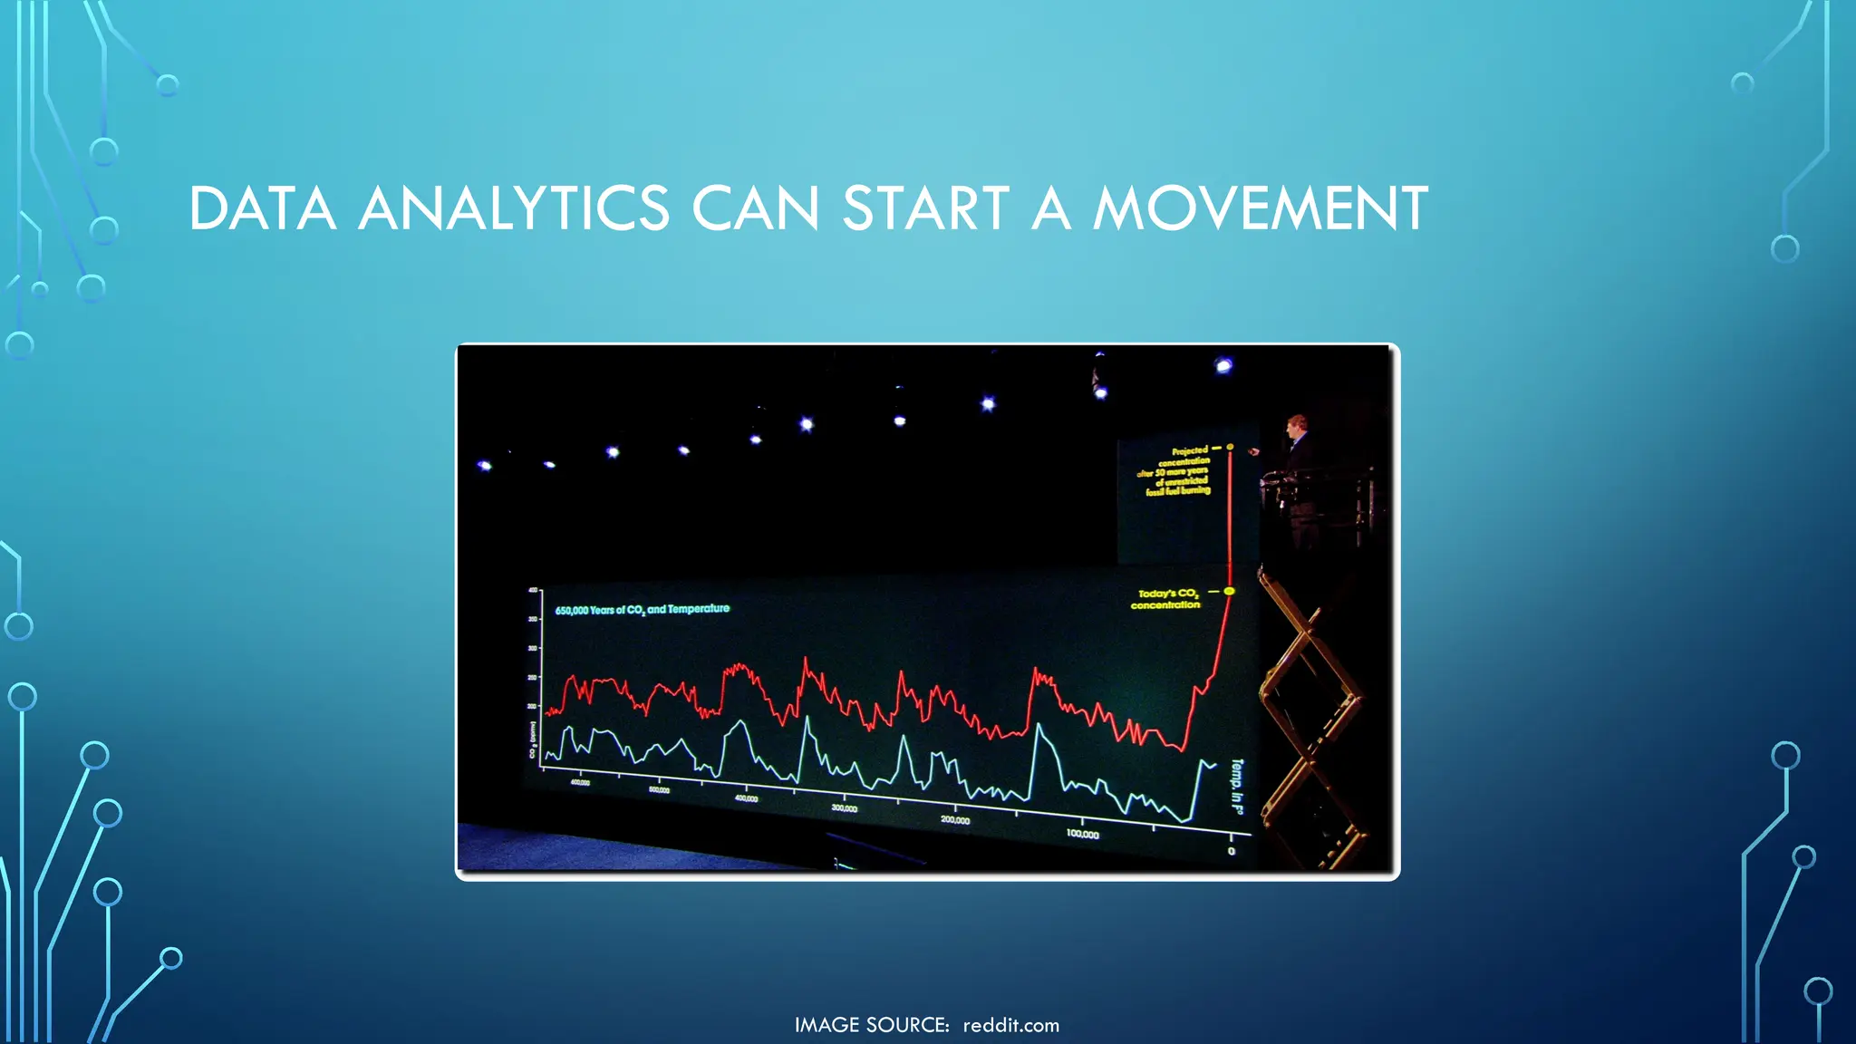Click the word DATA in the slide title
point(263,208)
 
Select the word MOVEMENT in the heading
point(1260,208)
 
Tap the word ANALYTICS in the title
point(514,208)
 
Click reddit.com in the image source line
point(1010,1025)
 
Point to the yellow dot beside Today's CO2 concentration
point(1229,591)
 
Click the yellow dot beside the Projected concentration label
point(1230,447)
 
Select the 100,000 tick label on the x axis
point(1082,834)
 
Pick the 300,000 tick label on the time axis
point(844,807)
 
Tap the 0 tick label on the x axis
point(1231,851)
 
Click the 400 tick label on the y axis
point(533,591)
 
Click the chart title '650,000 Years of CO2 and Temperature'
point(642,610)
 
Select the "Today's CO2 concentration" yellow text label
point(1166,599)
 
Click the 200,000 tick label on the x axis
point(954,820)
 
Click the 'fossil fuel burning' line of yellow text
point(1177,491)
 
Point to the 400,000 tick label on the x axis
point(746,798)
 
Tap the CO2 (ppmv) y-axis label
point(533,740)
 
